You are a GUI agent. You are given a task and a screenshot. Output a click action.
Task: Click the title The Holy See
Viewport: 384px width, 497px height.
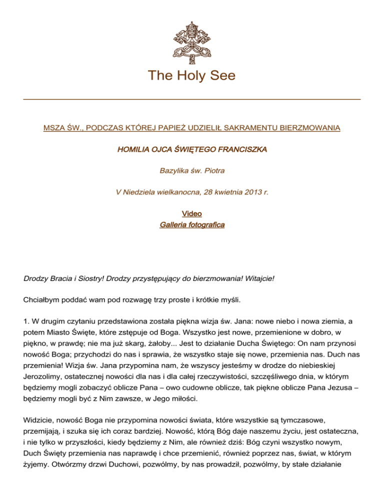click(192, 76)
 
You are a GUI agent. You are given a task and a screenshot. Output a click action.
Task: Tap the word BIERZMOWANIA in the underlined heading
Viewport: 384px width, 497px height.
click(311, 128)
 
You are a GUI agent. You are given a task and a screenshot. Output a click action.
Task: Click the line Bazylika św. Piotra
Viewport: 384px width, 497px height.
click(192, 171)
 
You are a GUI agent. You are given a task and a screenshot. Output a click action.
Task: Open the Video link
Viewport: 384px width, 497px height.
click(192, 214)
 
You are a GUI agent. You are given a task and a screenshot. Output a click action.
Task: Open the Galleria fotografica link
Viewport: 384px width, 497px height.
click(192, 225)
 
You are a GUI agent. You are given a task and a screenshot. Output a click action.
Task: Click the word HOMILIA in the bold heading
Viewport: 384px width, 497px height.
click(132, 149)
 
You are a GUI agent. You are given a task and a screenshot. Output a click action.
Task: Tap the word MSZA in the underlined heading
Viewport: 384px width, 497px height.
click(54, 128)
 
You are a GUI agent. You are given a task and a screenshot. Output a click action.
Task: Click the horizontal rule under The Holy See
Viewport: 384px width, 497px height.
click(192, 99)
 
